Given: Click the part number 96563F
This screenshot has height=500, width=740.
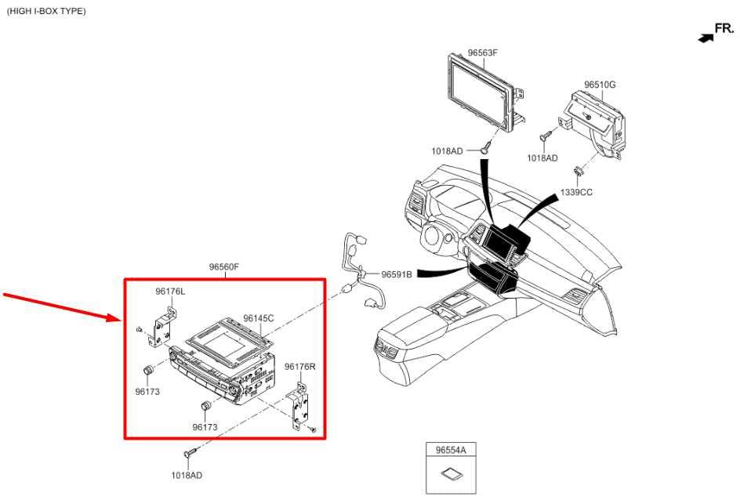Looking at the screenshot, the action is click(482, 53).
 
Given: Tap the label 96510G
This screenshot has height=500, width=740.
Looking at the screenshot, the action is click(600, 85).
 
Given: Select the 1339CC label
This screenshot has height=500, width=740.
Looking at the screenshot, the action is click(575, 193).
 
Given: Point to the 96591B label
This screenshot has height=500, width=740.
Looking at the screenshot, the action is click(397, 274).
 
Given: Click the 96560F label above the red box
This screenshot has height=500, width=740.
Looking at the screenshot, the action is click(224, 267).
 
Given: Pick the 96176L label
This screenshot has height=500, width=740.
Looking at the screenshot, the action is click(170, 292).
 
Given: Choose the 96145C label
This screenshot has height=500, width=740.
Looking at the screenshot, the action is click(259, 318).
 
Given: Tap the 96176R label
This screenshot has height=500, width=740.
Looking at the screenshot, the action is click(300, 367).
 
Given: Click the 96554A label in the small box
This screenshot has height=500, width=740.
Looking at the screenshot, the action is click(451, 450).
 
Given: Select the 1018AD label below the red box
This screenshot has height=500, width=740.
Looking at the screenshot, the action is click(187, 476).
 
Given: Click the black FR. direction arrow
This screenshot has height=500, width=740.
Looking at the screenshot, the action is click(706, 38).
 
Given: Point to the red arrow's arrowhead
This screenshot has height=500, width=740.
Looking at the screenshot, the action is click(114, 317).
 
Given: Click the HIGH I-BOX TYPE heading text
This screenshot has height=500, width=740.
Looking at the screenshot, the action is click(46, 11).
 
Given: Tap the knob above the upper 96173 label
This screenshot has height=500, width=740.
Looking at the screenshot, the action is click(149, 371).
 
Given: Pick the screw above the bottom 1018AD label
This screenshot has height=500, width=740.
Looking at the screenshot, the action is click(190, 452).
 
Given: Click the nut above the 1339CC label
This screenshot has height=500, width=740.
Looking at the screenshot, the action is click(577, 170).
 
